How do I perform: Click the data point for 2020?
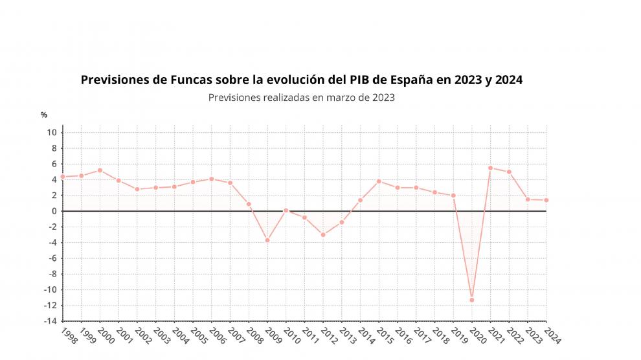point(472,300)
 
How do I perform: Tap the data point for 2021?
point(490,168)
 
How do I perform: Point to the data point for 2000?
point(100,170)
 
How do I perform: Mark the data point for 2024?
point(546,200)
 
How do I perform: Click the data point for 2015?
point(379,181)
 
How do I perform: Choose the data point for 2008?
point(249,204)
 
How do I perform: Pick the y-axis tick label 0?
point(55,211)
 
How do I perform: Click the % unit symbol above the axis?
point(44,115)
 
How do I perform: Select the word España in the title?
point(410,80)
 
